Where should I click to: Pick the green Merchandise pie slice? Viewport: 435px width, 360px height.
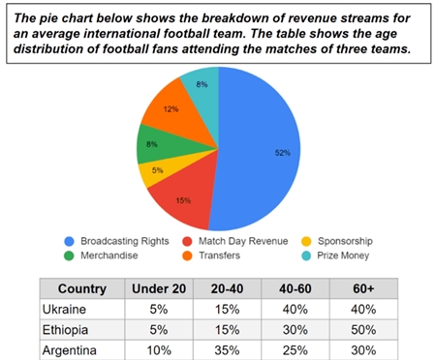[x=153, y=147]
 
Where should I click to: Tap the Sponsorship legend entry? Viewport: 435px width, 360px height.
[x=358, y=241]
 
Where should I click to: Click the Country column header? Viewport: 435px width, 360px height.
[x=81, y=287]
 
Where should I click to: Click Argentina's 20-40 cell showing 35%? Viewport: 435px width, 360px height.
[x=227, y=349]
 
